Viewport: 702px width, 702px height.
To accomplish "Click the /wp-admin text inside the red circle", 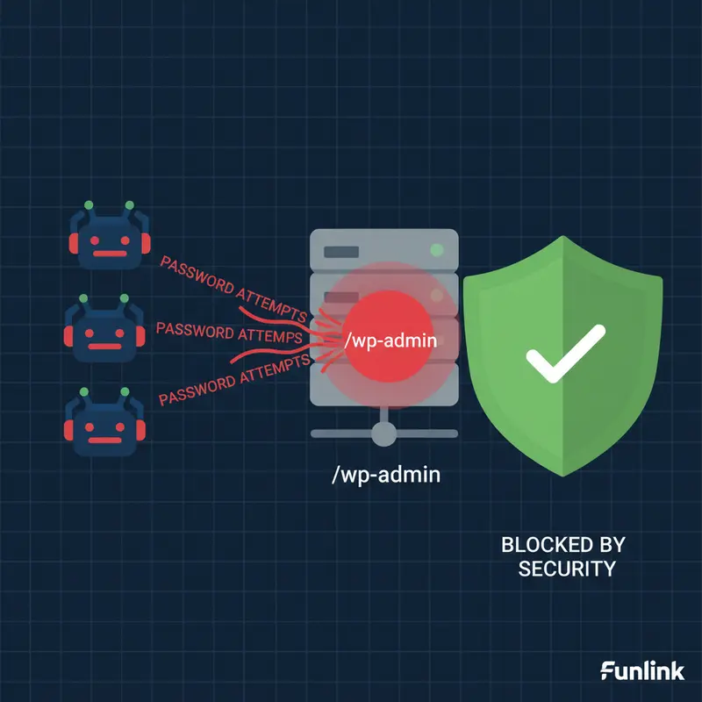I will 390,340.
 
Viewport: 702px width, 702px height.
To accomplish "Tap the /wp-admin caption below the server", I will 385,476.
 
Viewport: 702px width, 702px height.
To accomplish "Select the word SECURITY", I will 566,569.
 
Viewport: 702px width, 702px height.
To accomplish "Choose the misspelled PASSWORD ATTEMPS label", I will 228,333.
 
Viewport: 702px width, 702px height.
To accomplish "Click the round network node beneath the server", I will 384,433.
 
